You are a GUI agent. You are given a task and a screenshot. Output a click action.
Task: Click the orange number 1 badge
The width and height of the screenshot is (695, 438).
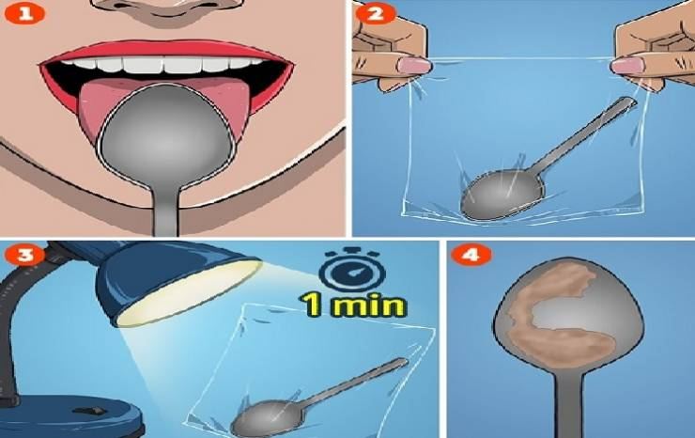click(x=24, y=14)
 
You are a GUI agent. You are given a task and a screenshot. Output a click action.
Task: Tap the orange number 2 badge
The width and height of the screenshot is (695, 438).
click(x=376, y=13)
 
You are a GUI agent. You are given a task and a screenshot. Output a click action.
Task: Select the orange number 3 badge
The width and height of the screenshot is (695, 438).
click(x=24, y=255)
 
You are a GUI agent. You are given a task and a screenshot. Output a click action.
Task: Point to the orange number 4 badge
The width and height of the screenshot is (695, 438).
click(x=471, y=255)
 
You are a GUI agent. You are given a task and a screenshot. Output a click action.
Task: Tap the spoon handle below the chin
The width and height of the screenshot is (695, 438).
click(x=165, y=212)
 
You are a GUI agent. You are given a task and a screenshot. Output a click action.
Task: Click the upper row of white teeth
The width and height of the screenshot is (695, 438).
click(x=166, y=64)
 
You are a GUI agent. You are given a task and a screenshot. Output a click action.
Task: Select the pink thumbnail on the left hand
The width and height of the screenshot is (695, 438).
click(x=414, y=66)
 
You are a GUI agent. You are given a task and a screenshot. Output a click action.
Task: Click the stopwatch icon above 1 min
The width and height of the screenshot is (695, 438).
click(x=352, y=271)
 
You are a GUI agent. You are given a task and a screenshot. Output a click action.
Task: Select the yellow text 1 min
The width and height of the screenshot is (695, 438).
click(x=352, y=305)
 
